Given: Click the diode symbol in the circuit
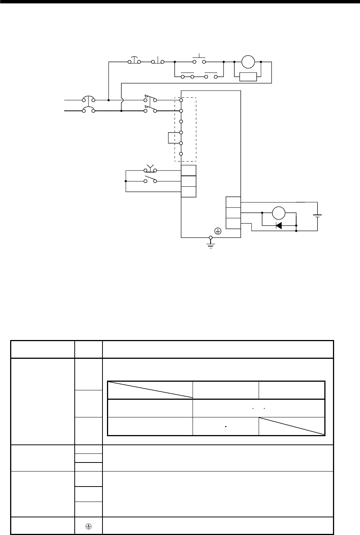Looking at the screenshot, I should click(x=279, y=226).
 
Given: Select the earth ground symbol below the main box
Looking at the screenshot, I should click(x=210, y=244).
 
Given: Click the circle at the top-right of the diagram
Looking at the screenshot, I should click(x=248, y=61).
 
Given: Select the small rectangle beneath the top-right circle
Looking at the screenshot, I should click(x=248, y=77).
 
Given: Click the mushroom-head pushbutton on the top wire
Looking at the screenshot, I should click(x=134, y=60).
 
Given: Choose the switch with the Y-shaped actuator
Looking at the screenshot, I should click(x=150, y=169).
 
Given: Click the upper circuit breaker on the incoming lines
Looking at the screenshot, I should click(x=89, y=100).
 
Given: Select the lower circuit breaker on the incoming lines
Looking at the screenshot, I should click(x=89, y=110).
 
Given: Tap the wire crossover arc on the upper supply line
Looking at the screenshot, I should click(x=121, y=100).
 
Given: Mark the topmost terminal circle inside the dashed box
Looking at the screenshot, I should click(x=181, y=100).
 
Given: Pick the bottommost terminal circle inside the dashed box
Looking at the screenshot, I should click(x=181, y=154).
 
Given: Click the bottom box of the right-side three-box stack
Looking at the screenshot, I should click(x=233, y=223).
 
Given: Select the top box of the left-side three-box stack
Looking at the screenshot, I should click(x=188, y=170).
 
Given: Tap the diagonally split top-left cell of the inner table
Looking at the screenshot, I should click(x=150, y=390).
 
